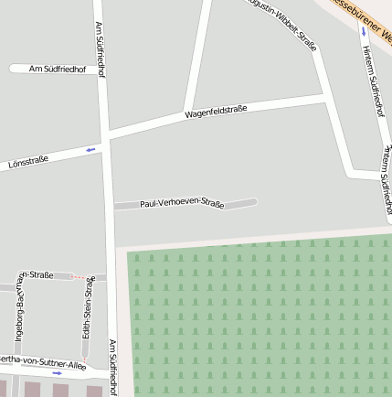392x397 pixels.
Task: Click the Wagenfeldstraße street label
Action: point(216,113)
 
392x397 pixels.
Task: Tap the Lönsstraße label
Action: point(27,161)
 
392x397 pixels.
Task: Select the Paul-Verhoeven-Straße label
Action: point(182,203)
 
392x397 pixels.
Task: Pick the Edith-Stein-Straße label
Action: point(88,308)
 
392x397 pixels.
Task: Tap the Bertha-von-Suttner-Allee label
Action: point(37,363)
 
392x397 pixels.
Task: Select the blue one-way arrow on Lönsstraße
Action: point(90,149)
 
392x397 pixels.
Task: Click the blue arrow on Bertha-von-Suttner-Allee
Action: point(57,373)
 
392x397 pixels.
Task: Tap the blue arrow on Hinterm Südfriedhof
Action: point(364,31)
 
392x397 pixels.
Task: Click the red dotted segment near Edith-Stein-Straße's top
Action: point(82,276)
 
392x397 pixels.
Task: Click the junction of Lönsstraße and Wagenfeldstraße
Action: point(108,139)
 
